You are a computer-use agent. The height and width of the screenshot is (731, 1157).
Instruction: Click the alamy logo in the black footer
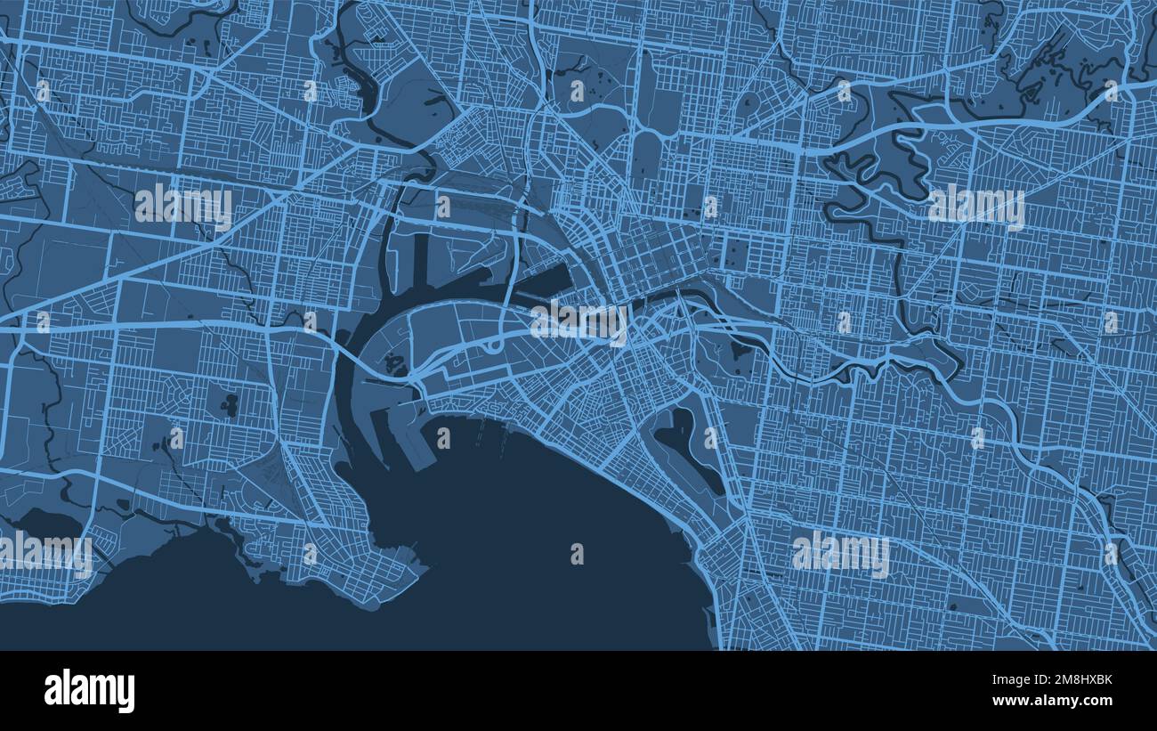(90, 691)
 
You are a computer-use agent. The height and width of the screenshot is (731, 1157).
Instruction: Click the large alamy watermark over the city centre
(579, 322)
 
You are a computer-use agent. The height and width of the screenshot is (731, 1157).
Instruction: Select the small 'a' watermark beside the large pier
(442, 437)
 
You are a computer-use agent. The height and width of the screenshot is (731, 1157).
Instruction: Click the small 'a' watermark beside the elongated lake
(709, 437)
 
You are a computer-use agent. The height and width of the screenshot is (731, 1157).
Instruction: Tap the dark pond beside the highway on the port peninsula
(392, 363)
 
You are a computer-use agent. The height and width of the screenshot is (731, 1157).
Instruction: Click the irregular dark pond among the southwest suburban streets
(229, 405)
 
